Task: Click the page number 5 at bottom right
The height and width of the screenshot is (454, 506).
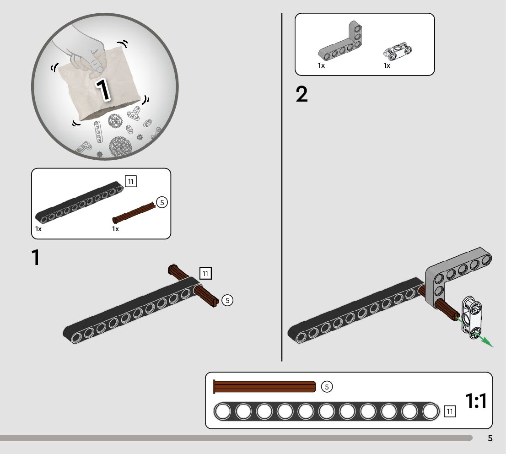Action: click(490, 438)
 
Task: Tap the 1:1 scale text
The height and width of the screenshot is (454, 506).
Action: click(476, 401)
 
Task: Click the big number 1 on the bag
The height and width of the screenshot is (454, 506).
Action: click(103, 89)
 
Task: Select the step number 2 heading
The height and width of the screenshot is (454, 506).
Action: click(302, 95)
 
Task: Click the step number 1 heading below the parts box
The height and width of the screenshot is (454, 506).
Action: click(36, 258)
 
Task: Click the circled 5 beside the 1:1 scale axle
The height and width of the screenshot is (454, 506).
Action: click(327, 387)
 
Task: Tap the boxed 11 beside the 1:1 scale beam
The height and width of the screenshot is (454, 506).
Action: click(450, 411)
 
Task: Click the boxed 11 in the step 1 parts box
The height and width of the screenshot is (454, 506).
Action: click(131, 182)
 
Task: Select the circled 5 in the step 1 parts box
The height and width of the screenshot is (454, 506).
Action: click(162, 202)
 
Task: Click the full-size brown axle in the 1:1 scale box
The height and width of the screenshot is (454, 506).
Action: click(264, 387)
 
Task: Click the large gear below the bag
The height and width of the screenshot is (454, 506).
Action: click(120, 147)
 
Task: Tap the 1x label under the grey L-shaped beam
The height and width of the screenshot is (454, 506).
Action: click(321, 65)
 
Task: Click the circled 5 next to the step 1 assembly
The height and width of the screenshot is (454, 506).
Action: click(227, 300)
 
